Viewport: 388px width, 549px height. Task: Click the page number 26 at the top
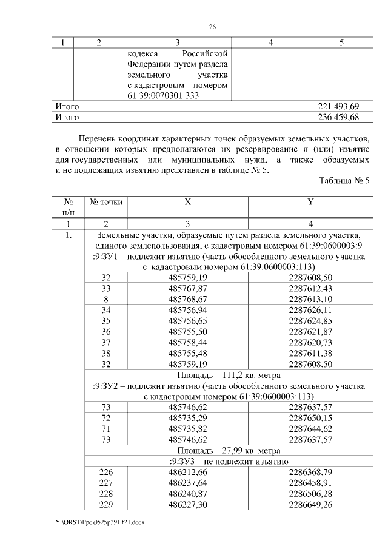point(212,27)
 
